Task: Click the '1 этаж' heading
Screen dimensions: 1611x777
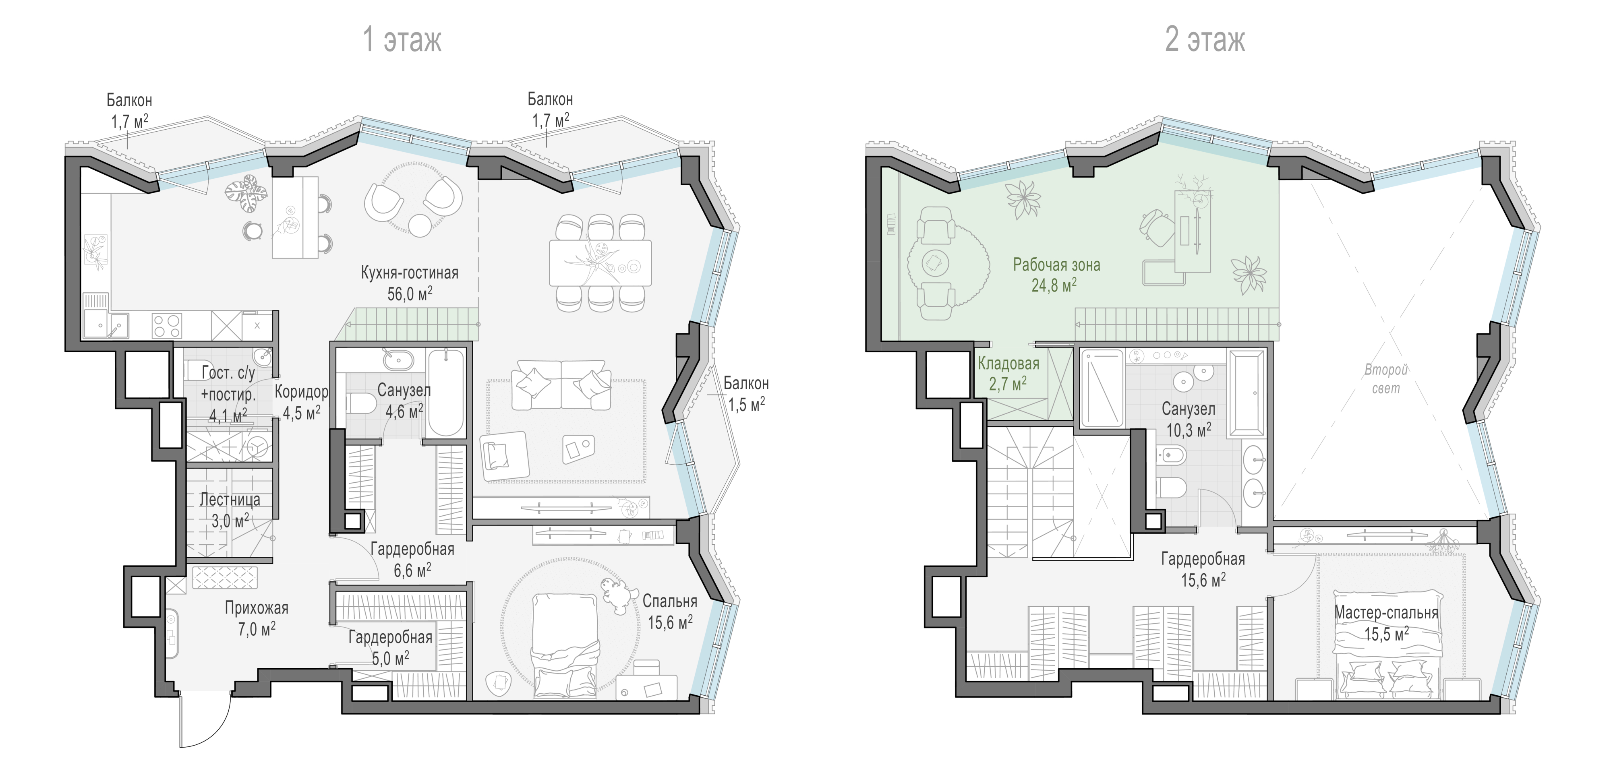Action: point(402,39)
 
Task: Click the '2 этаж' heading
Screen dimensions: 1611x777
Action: point(1205,39)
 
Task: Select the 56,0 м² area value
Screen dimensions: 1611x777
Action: point(410,293)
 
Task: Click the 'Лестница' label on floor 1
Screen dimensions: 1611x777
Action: point(230,500)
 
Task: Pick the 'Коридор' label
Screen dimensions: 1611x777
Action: point(301,392)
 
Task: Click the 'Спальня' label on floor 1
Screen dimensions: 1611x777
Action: point(670,601)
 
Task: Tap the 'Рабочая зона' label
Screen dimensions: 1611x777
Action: point(1056,265)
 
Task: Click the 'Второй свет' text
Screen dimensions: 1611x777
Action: point(1386,379)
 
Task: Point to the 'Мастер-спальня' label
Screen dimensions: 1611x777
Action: point(1387,613)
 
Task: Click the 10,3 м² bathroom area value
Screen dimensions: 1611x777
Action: point(1188,430)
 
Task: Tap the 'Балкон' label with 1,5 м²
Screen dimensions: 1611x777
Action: point(746,383)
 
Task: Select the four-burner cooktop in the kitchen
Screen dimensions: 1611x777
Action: point(167,326)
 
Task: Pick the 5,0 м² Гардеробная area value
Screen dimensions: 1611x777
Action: point(390,658)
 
